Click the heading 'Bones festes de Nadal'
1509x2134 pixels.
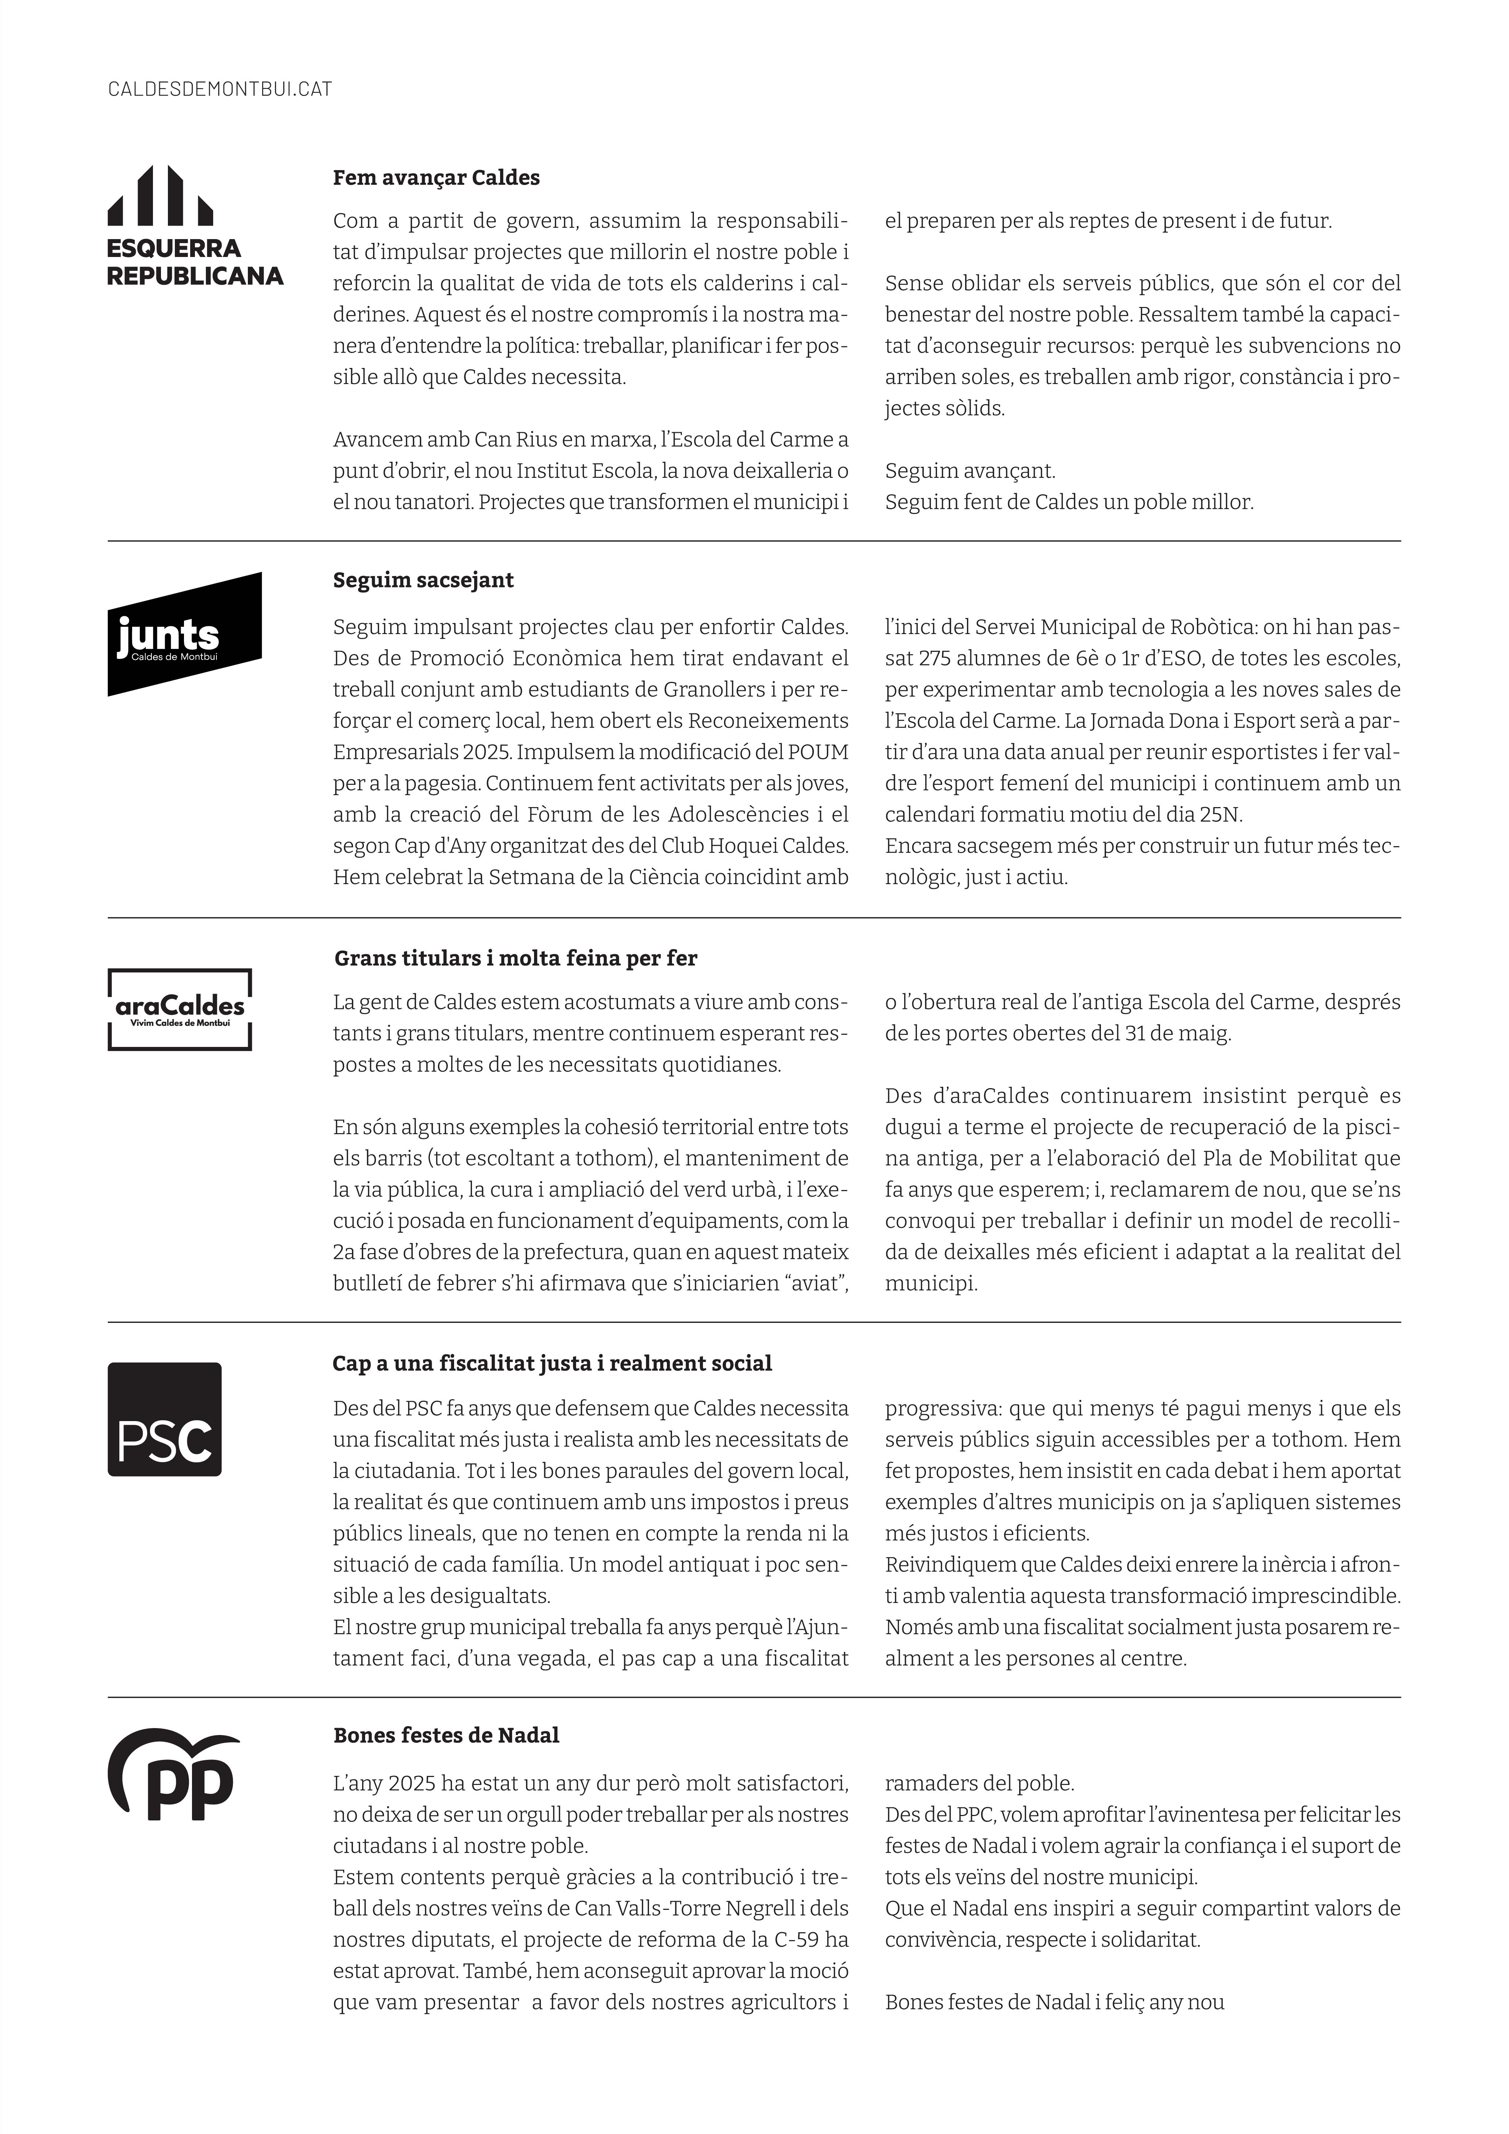pos(446,1735)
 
